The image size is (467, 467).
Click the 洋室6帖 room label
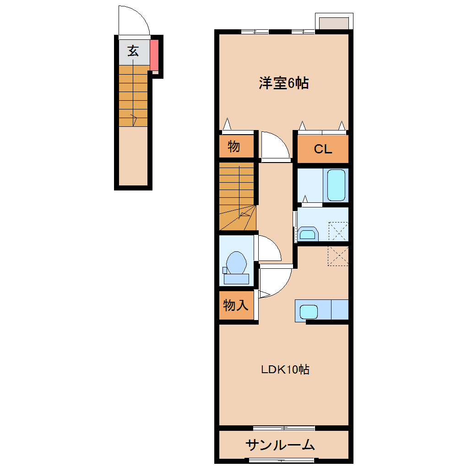pos(283,83)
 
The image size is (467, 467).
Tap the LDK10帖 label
pos(285,369)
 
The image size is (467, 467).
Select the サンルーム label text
pos(280,445)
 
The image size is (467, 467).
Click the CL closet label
pos(323,149)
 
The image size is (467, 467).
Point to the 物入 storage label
pos(236,305)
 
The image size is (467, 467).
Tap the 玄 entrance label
pos(133,51)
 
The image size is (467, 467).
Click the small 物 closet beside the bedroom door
pos(234,147)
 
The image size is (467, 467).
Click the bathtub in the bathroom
pos(337,185)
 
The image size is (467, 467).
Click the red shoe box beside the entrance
pos(154,54)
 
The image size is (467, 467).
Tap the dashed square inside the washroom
pos(338,231)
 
